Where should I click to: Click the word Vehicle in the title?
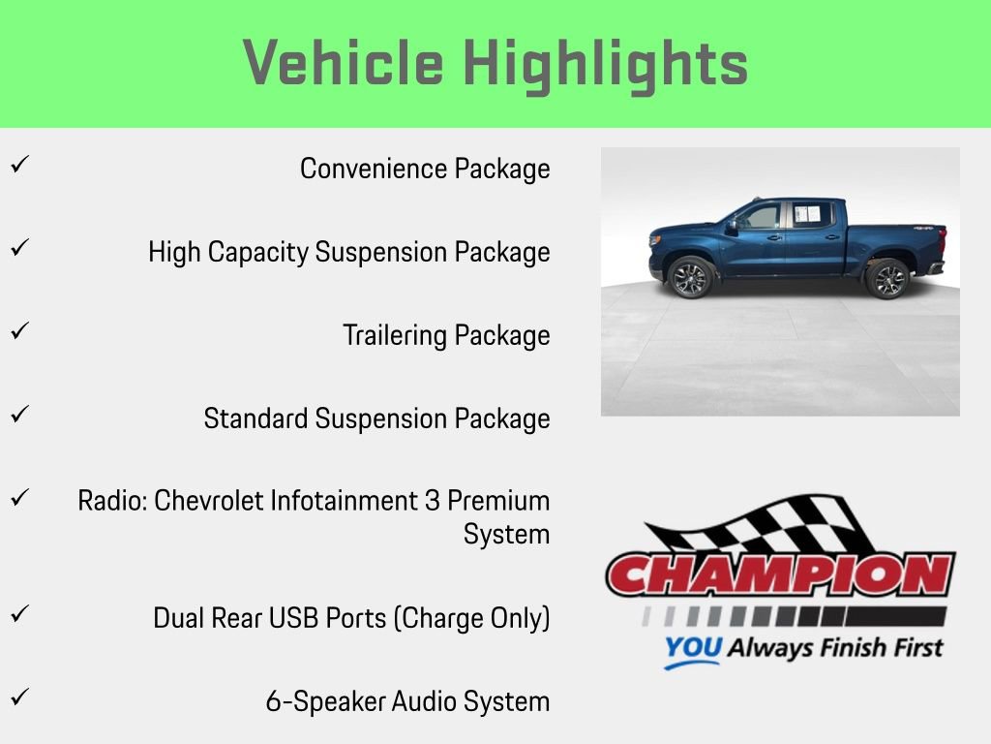pyautogui.click(x=344, y=64)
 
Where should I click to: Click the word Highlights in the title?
pyautogui.click(x=606, y=64)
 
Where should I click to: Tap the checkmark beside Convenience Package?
pyautogui.click(x=17, y=165)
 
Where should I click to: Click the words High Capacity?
pyautogui.click(x=229, y=252)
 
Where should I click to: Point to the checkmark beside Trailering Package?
pyautogui.click(x=17, y=331)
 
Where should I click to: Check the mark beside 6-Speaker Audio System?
pyautogui.click(x=17, y=697)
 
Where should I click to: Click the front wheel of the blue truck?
pyautogui.click(x=690, y=277)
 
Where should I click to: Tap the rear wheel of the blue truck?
pyautogui.click(x=887, y=278)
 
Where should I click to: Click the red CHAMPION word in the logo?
pyautogui.click(x=780, y=574)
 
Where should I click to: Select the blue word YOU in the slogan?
pyautogui.click(x=693, y=648)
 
